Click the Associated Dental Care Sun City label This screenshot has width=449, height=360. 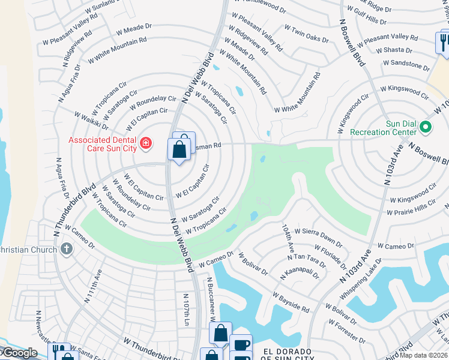[x=103, y=145]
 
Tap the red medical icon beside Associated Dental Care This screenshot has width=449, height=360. [x=145, y=143]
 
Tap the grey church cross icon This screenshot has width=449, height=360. [x=66, y=249]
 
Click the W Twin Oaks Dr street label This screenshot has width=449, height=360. [x=306, y=34]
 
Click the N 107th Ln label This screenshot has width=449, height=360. [x=186, y=305]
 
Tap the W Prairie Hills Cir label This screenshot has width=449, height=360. [x=411, y=209]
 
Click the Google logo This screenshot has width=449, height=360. [x=19, y=353]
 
